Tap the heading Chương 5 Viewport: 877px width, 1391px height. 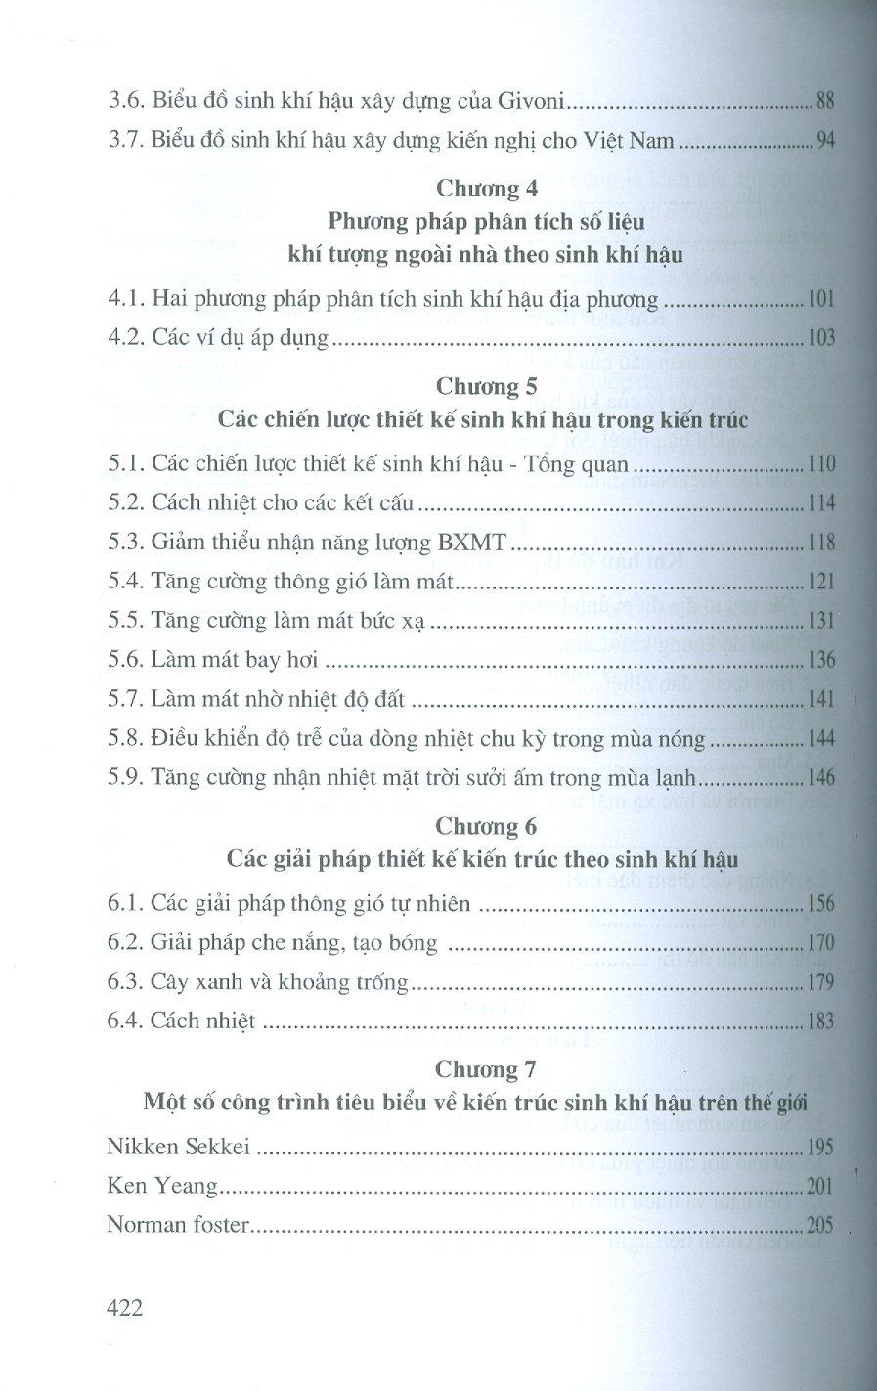pyautogui.click(x=486, y=386)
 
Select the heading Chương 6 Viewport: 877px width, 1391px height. pyautogui.click(x=486, y=826)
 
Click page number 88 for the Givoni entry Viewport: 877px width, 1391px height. pyautogui.click(x=824, y=100)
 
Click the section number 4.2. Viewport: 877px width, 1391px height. pyautogui.click(x=126, y=338)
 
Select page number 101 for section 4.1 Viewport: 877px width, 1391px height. pyautogui.click(x=821, y=299)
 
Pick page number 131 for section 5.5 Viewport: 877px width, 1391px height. pyautogui.click(x=821, y=621)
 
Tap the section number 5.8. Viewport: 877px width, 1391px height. pyautogui.click(x=126, y=738)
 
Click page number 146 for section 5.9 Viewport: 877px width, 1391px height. pyautogui.click(x=820, y=778)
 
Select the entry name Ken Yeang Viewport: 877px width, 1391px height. pyautogui.click(x=162, y=1186)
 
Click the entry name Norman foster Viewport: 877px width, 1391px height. pyautogui.click(x=177, y=1224)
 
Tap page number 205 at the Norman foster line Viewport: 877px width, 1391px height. pyautogui.click(x=820, y=1225)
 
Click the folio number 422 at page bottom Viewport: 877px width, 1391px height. pyautogui.click(x=125, y=1307)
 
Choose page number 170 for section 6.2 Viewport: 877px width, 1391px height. pyautogui.click(x=820, y=943)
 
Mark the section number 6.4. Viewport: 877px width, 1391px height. pyautogui.click(x=126, y=1021)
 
